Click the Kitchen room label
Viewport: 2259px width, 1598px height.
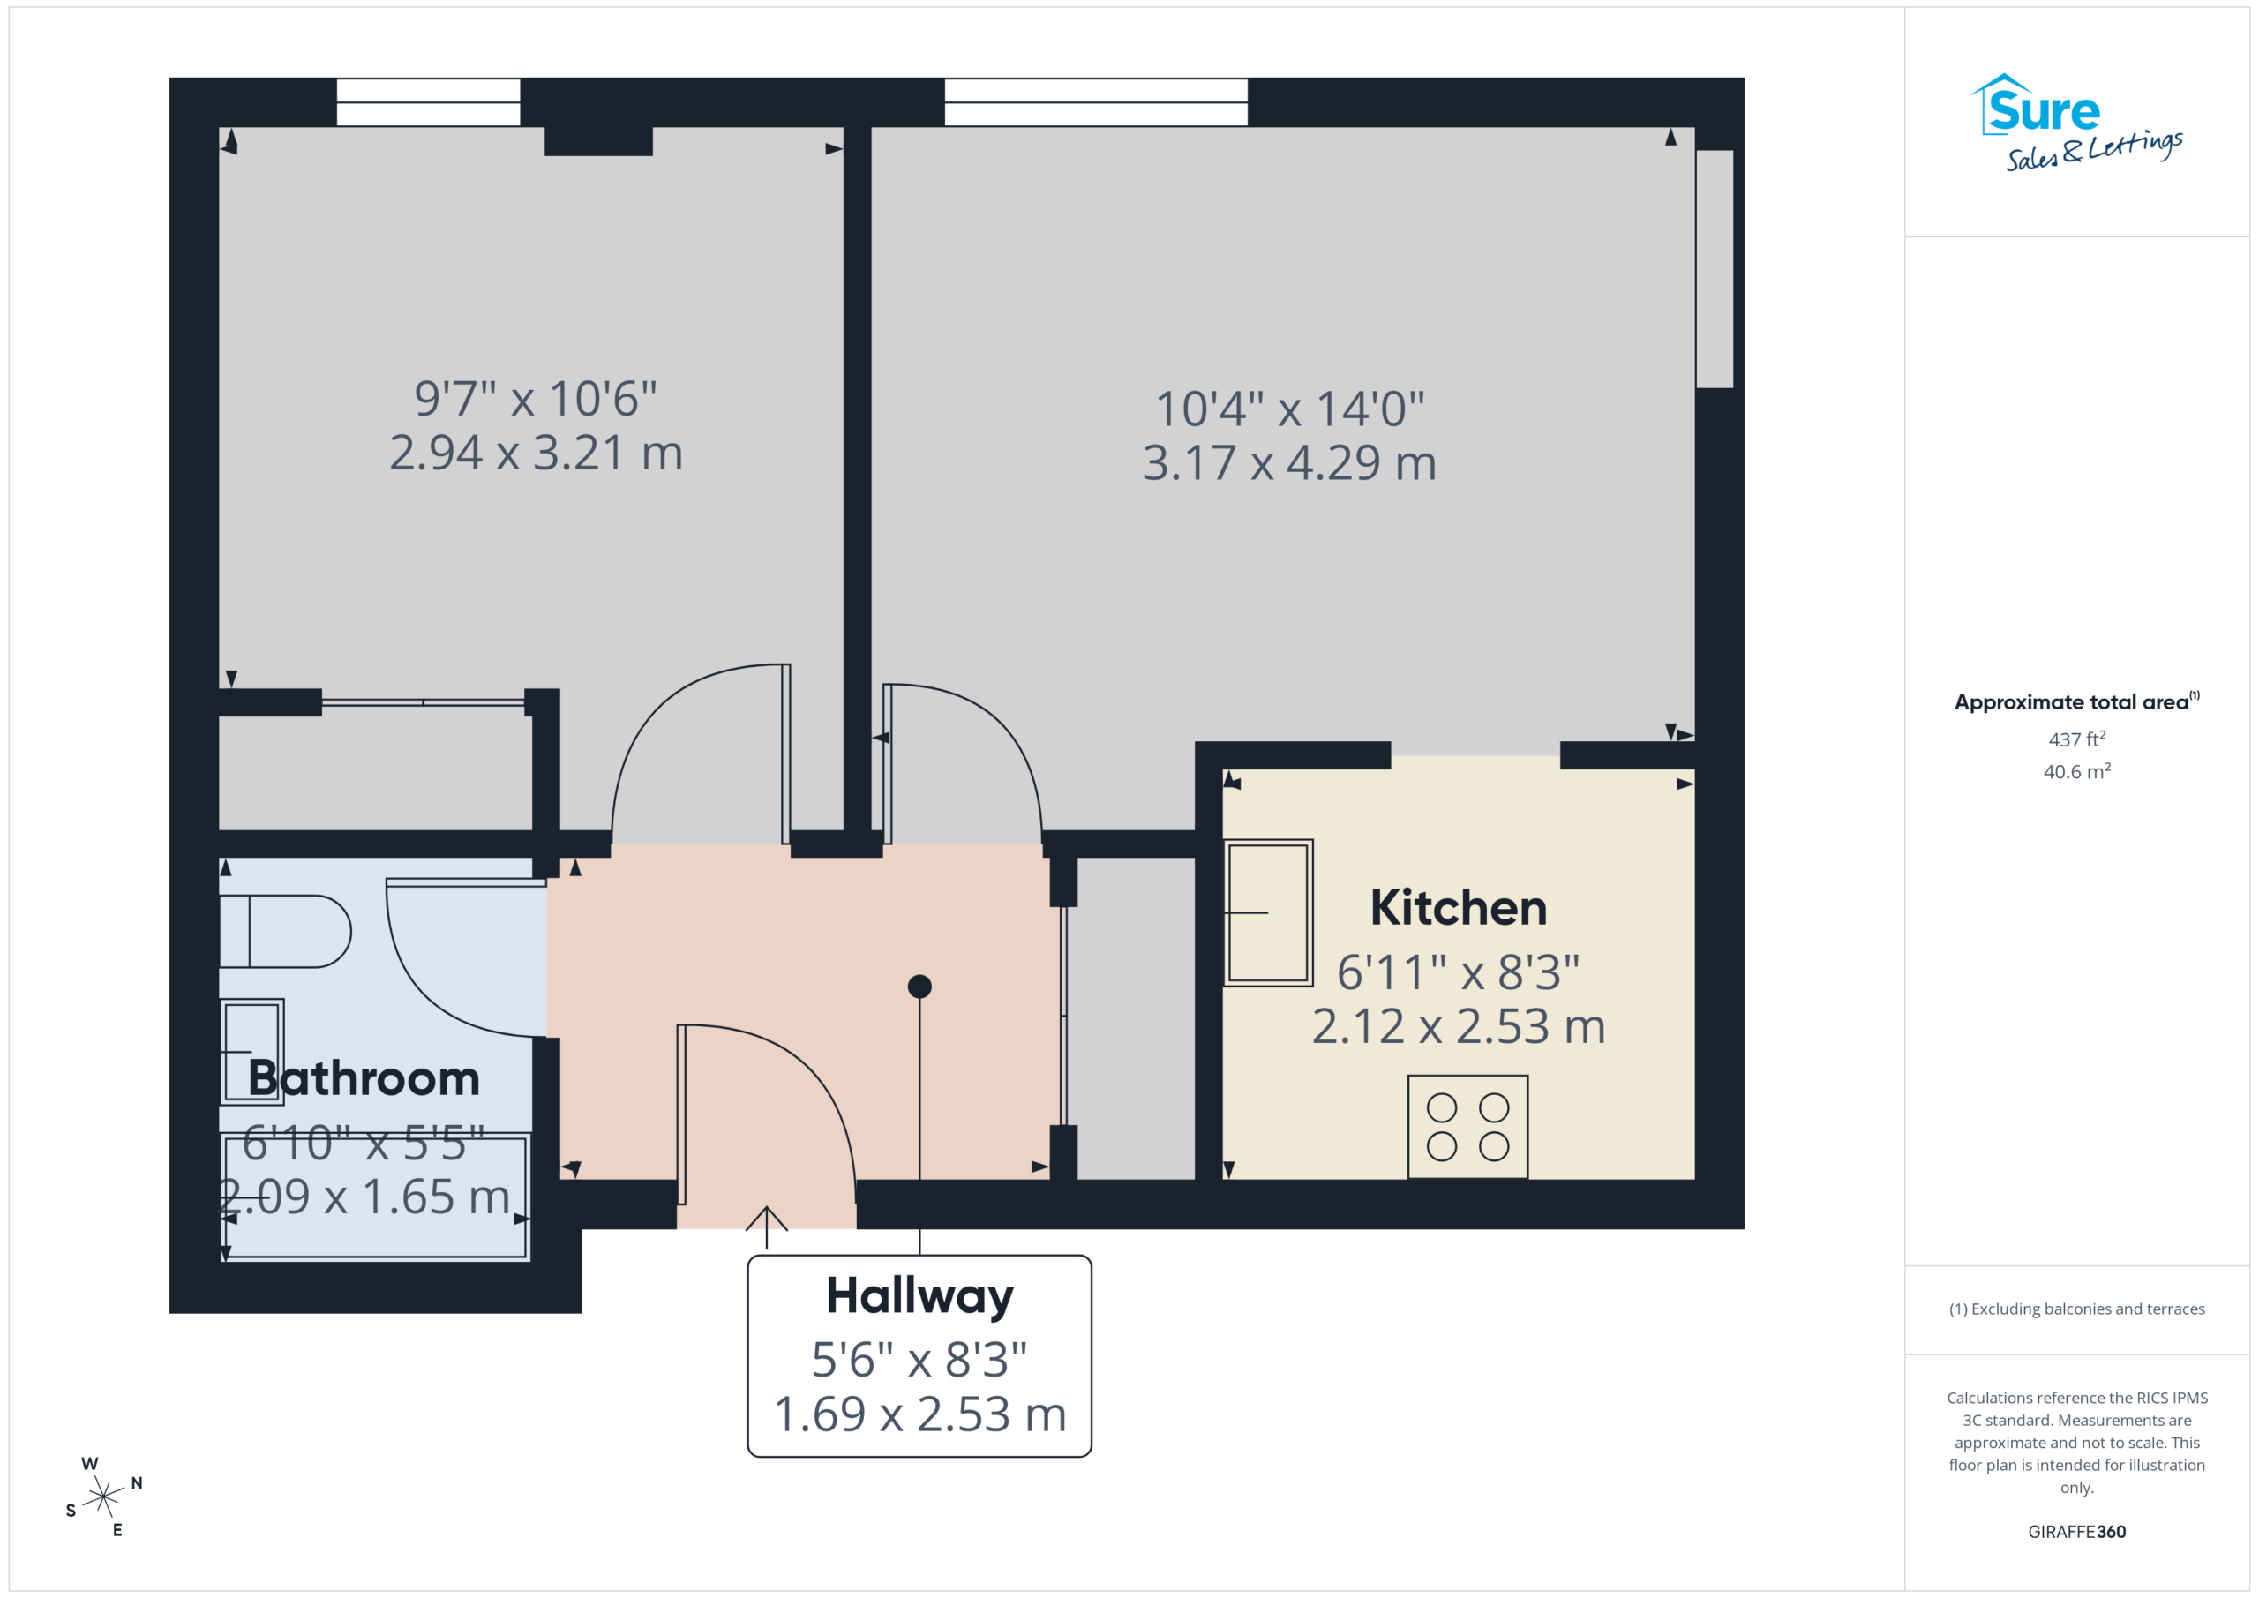1458,908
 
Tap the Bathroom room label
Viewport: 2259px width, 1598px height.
364,1078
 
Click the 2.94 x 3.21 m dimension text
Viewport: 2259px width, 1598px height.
537,453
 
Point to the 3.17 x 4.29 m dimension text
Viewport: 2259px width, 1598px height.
1290,462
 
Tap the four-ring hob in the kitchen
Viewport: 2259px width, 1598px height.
1468,1127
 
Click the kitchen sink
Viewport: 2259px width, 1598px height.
1268,913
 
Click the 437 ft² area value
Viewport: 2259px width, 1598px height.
2077,739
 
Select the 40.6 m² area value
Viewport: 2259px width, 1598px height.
2077,771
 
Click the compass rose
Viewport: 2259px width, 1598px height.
103,1497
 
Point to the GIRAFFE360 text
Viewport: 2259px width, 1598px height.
2077,1532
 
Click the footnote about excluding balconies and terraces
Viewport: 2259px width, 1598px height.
2077,1309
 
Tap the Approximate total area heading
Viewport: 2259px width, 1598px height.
2077,701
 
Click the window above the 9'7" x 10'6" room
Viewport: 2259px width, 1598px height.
428,102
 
